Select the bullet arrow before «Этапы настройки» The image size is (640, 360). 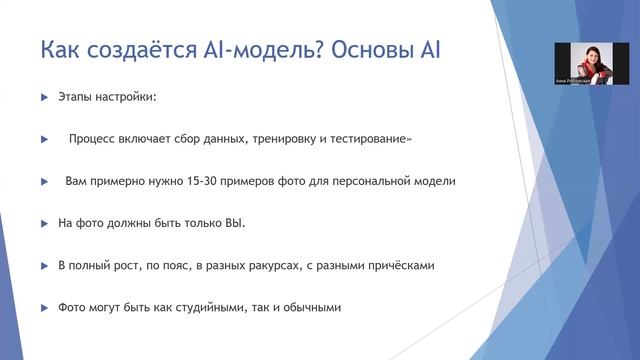[x=44, y=98]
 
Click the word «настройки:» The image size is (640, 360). [x=128, y=98]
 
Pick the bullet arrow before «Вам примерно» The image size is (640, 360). [x=44, y=182]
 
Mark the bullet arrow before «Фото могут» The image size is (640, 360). [x=44, y=307]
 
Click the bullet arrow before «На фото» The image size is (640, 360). [x=44, y=223]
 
